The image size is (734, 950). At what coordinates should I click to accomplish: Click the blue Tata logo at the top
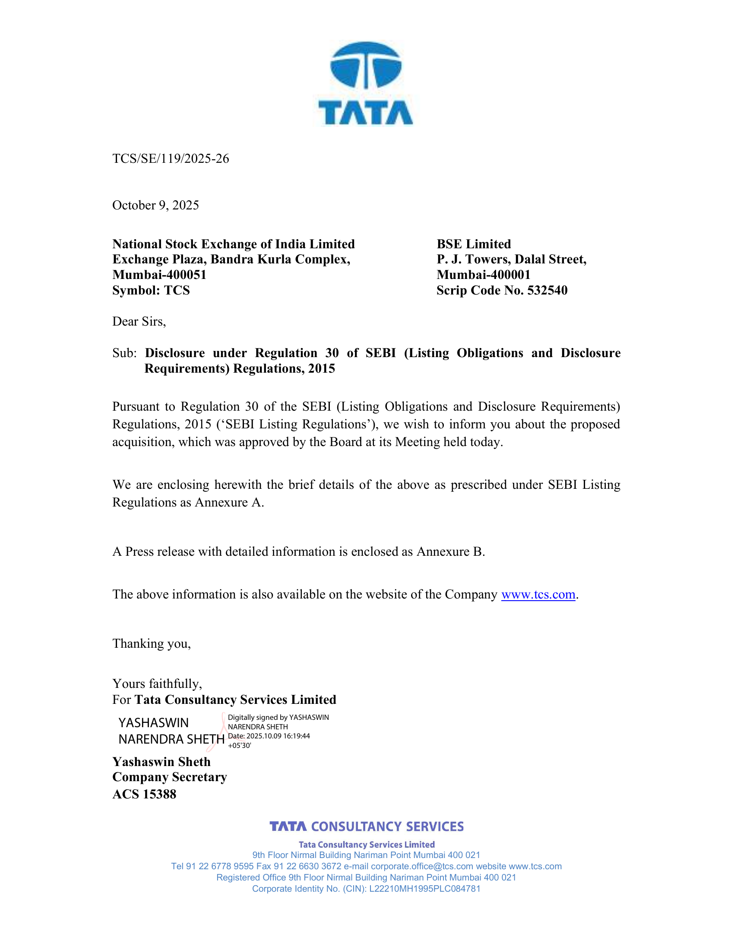(366, 83)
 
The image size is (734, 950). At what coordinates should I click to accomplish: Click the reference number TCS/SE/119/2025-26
(171, 159)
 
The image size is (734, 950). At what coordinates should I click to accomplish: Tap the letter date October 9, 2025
(156, 205)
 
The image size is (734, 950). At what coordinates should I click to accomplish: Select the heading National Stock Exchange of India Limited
(234, 244)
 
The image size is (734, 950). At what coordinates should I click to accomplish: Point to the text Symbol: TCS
(151, 290)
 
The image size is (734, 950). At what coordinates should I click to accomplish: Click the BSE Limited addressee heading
(474, 244)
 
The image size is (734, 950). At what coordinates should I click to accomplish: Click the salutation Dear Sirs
(139, 321)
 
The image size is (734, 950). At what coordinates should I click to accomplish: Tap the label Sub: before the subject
(124, 353)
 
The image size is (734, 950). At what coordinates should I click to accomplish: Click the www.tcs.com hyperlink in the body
(538, 594)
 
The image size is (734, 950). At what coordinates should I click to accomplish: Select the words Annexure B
(450, 551)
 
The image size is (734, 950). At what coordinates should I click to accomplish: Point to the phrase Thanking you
(151, 643)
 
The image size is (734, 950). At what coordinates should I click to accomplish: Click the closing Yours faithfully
(157, 684)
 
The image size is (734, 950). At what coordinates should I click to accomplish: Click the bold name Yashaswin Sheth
(161, 762)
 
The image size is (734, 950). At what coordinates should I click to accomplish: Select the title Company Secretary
(170, 777)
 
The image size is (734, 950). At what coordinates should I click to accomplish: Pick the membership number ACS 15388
(144, 794)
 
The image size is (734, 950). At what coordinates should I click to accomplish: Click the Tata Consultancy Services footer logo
(367, 826)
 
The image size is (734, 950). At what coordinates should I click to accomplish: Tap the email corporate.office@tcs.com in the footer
(422, 866)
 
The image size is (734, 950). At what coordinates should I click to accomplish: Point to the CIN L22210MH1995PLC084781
(424, 889)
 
